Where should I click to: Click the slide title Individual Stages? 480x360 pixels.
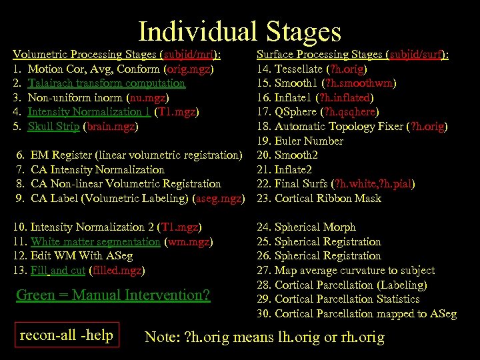(x=239, y=31)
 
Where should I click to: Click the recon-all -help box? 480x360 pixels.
(x=67, y=335)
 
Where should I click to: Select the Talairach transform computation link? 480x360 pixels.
(x=107, y=83)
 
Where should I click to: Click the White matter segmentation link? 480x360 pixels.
(x=95, y=241)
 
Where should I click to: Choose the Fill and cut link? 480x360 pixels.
(x=58, y=270)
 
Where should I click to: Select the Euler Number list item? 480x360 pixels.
(x=309, y=141)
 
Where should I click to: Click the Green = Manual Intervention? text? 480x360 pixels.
(x=113, y=295)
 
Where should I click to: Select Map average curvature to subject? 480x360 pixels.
(x=354, y=270)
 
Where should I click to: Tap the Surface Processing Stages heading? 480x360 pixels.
(x=320, y=55)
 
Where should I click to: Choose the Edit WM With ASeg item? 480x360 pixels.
(x=81, y=255)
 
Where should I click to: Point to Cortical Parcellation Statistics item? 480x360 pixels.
(x=347, y=299)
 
